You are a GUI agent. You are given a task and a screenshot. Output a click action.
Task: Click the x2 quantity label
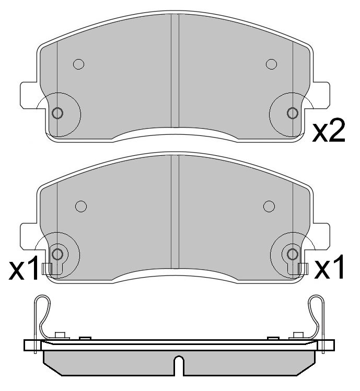(x=329, y=132)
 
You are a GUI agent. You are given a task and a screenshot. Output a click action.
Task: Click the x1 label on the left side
(x=25, y=269)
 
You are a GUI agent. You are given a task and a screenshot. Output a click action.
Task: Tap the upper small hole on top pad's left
(x=78, y=64)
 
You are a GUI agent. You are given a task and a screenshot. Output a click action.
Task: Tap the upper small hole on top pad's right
(x=271, y=64)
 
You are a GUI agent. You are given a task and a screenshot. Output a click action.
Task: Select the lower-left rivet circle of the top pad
(x=58, y=113)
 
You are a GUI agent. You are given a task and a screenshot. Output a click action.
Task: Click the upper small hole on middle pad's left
(x=80, y=206)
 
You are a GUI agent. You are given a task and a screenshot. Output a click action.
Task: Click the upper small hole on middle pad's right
(x=269, y=205)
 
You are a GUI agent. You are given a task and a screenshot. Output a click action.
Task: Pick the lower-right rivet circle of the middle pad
(x=292, y=254)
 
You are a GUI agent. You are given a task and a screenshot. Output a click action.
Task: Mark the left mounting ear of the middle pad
(x=29, y=236)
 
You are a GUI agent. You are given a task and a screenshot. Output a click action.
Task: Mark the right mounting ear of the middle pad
(x=322, y=236)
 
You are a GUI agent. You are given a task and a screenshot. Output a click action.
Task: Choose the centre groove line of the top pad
(x=175, y=71)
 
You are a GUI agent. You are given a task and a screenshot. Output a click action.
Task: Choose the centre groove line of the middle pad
(x=175, y=212)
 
